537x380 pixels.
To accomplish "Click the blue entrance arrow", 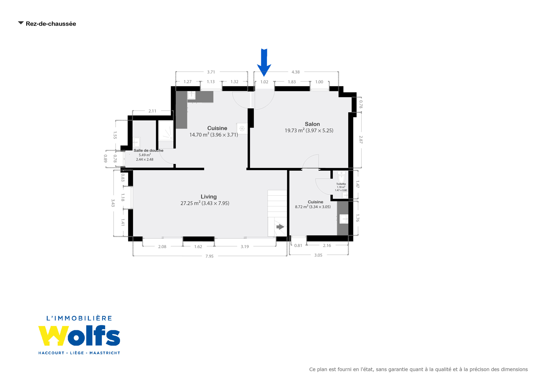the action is point(264,63).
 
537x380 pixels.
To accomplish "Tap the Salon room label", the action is point(312,124).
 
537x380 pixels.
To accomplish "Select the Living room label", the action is point(209,197).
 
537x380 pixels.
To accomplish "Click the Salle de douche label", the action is point(148,150).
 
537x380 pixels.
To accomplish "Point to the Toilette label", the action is point(341,184).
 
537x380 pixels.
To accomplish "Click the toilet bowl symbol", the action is point(341,177).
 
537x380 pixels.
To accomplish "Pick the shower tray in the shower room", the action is point(166,131).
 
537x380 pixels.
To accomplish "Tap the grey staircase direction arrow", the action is point(280,227).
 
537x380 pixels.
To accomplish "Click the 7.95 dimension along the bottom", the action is point(209,256).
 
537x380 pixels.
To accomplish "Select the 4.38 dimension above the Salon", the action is point(296,72).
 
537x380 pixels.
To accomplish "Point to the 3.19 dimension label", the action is point(245,246).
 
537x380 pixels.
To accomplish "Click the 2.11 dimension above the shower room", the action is point(152,111).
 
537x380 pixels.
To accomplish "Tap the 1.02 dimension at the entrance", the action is point(264,82).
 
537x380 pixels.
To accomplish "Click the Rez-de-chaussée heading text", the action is point(51,24).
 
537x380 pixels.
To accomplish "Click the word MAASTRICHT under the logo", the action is point(105,353).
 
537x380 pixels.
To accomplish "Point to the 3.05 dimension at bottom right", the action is point(318,255).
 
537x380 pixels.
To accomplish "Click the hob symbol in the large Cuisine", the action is point(242,129).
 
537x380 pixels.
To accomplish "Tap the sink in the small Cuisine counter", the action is point(344,218).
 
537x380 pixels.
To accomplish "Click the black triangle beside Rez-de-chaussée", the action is point(21,23).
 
